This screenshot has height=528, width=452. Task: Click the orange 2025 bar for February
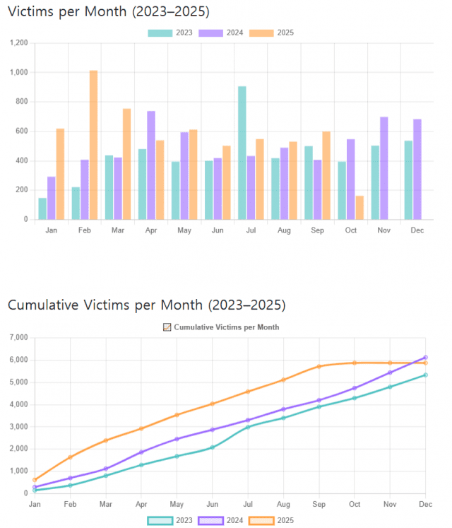point(93,145)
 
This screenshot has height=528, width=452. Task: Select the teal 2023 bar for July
point(242,153)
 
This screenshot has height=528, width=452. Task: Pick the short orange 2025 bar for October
point(359,207)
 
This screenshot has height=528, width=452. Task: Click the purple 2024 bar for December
point(417,169)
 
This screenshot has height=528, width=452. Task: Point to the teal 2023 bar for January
point(42,209)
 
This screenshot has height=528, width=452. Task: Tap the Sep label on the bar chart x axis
point(318,230)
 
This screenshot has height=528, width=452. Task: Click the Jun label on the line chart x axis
point(212,504)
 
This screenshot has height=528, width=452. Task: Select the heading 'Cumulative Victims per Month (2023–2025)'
point(146,305)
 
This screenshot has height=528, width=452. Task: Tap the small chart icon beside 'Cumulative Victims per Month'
point(167,327)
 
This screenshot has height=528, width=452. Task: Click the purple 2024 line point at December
point(425,358)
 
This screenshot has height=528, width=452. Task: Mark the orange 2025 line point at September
point(319,366)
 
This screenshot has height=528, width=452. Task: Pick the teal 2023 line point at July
point(247,427)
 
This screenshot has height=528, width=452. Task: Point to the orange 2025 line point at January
point(35,480)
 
